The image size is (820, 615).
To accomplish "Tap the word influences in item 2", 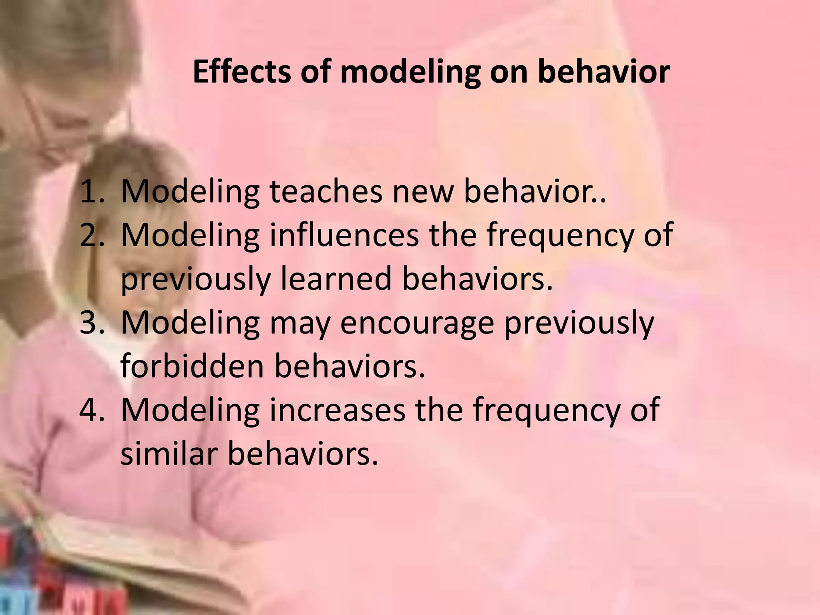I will (x=344, y=235).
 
